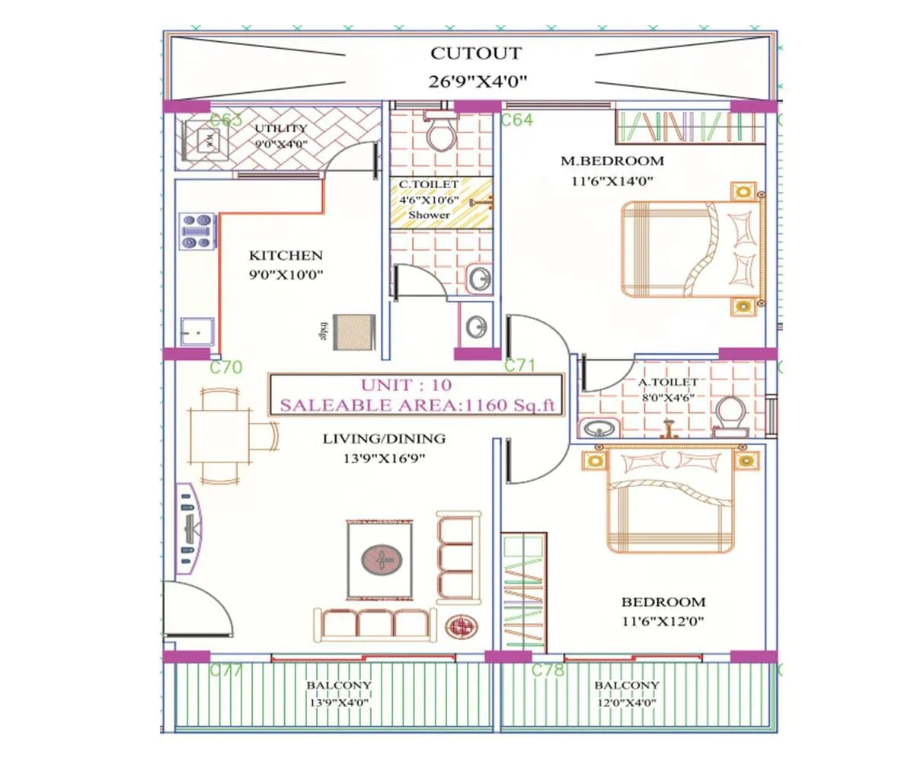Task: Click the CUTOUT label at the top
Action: [476, 54]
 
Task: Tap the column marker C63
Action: [225, 120]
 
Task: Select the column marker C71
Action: [520, 366]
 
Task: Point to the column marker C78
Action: [548, 671]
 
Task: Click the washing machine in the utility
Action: [206, 140]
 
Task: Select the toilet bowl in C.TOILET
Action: [439, 135]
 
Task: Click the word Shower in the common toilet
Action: [429, 215]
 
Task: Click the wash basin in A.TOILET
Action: [599, 429]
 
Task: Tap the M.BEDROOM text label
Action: [612, 161]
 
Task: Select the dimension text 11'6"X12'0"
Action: [661, 621]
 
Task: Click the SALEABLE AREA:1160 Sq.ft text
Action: [416, 405]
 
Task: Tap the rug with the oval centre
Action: [380, 559]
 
